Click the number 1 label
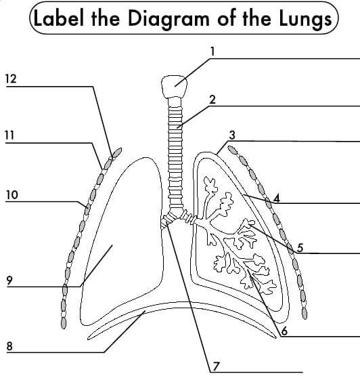212,51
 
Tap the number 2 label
212,100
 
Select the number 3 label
232,135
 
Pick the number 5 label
300,247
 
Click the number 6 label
284,331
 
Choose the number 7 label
216,367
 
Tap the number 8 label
9,346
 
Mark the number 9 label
9,280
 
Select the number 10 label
12,195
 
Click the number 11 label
9,135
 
